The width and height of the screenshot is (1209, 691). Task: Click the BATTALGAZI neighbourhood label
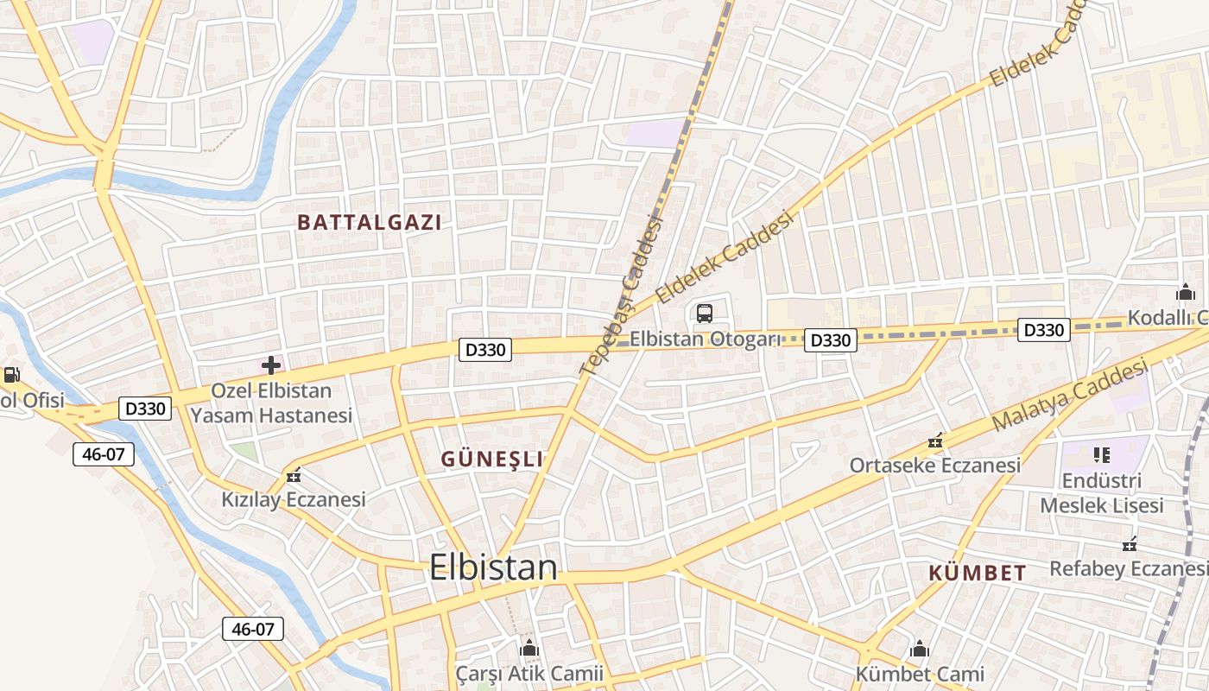tap(369, 223)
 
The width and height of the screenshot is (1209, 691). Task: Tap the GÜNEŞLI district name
tap(492, 460)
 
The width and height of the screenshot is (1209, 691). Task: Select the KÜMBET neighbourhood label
tap(978, 573)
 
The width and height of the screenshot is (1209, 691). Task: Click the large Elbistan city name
tap(493, 567)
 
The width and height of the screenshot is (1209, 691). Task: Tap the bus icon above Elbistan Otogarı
tap(705, 314)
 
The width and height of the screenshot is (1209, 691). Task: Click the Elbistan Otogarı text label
tap(705, 339)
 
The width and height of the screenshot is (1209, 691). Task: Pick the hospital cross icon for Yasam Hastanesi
tap(271, 365)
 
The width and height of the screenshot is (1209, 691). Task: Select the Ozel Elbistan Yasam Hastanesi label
tap(271, 403)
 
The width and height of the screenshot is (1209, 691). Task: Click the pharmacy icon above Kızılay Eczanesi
tap(294, 474)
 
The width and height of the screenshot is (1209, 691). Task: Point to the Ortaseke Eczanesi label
tap(934, 466)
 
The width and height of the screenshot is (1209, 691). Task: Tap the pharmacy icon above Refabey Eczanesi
tap(1129, 544)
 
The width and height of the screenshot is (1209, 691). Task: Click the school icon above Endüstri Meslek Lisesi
tap(1101, 454)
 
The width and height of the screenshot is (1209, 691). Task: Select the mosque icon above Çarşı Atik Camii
tap(529, 648)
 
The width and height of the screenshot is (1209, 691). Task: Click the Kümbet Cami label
tap(920, 674)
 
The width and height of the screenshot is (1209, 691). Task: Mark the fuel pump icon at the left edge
tap(11, 375)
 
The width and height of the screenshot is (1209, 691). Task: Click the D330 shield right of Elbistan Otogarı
tap(831, 340)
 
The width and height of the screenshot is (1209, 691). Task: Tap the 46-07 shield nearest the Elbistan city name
tap(253, 629)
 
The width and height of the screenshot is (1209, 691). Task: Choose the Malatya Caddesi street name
tap(1070, 396)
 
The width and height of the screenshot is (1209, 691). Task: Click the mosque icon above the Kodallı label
tap(1186, 292)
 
